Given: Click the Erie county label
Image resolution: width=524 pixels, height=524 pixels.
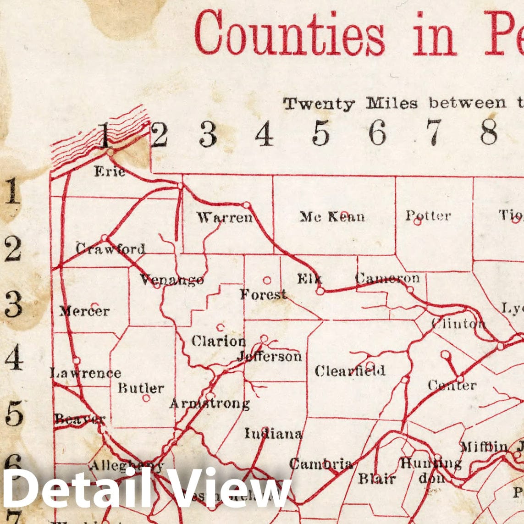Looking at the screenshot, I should (x=110, y=172).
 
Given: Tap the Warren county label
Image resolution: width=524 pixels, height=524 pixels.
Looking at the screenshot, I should (x=225, y=217).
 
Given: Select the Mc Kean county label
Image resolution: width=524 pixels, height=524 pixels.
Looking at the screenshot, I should (x=332, y=216).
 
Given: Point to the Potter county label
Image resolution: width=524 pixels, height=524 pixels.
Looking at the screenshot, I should (x=428, y=215).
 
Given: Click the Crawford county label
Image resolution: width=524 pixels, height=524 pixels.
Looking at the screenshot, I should (x=110, y=249).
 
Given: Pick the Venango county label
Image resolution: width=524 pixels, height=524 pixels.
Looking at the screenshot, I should (x=172, y=279).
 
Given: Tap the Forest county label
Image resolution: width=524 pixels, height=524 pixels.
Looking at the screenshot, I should (x=263, y=294).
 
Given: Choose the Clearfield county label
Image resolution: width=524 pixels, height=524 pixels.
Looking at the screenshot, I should (x=350, y=371).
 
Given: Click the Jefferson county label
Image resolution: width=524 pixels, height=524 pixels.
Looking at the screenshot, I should (x=270, y=356).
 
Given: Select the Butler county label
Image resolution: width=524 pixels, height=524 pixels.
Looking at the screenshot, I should (x=141, y=388).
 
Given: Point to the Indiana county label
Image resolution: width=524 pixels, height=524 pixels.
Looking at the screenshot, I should (x=273, y=433).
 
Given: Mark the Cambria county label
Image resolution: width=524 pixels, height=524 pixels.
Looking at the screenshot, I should (x=321, y=464).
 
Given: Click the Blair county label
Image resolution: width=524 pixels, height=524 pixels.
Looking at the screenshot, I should (x=377, y=479).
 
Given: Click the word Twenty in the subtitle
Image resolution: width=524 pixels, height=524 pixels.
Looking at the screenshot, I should (x=319, y=104).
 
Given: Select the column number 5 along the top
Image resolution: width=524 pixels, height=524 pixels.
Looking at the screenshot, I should (x=321, y=133).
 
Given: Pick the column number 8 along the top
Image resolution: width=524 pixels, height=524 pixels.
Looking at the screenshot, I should (x=489, y=133).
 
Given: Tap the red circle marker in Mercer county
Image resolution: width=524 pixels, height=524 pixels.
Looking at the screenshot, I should (x=95, y=305).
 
